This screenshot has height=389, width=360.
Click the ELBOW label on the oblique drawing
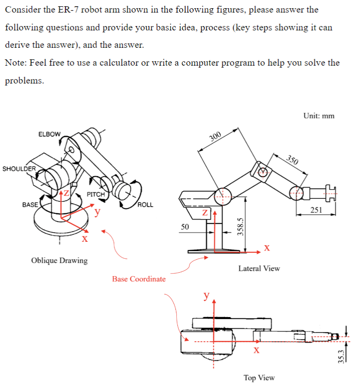click(50, 134)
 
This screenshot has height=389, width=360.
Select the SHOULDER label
click(19, 169)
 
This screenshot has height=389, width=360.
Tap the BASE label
click(30, 204)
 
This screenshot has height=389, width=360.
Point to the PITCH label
click(96, 194)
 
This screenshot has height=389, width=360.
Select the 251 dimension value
click(316, 209)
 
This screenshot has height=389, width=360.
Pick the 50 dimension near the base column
click(185, 226)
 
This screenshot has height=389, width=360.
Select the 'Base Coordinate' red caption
click(139, 279)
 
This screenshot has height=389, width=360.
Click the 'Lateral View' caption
click(259, 268)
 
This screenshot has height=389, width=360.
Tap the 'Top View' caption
click(259, 377)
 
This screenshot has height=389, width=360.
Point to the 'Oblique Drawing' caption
click(59, 261)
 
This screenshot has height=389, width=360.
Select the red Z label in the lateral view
click(205, 212)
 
